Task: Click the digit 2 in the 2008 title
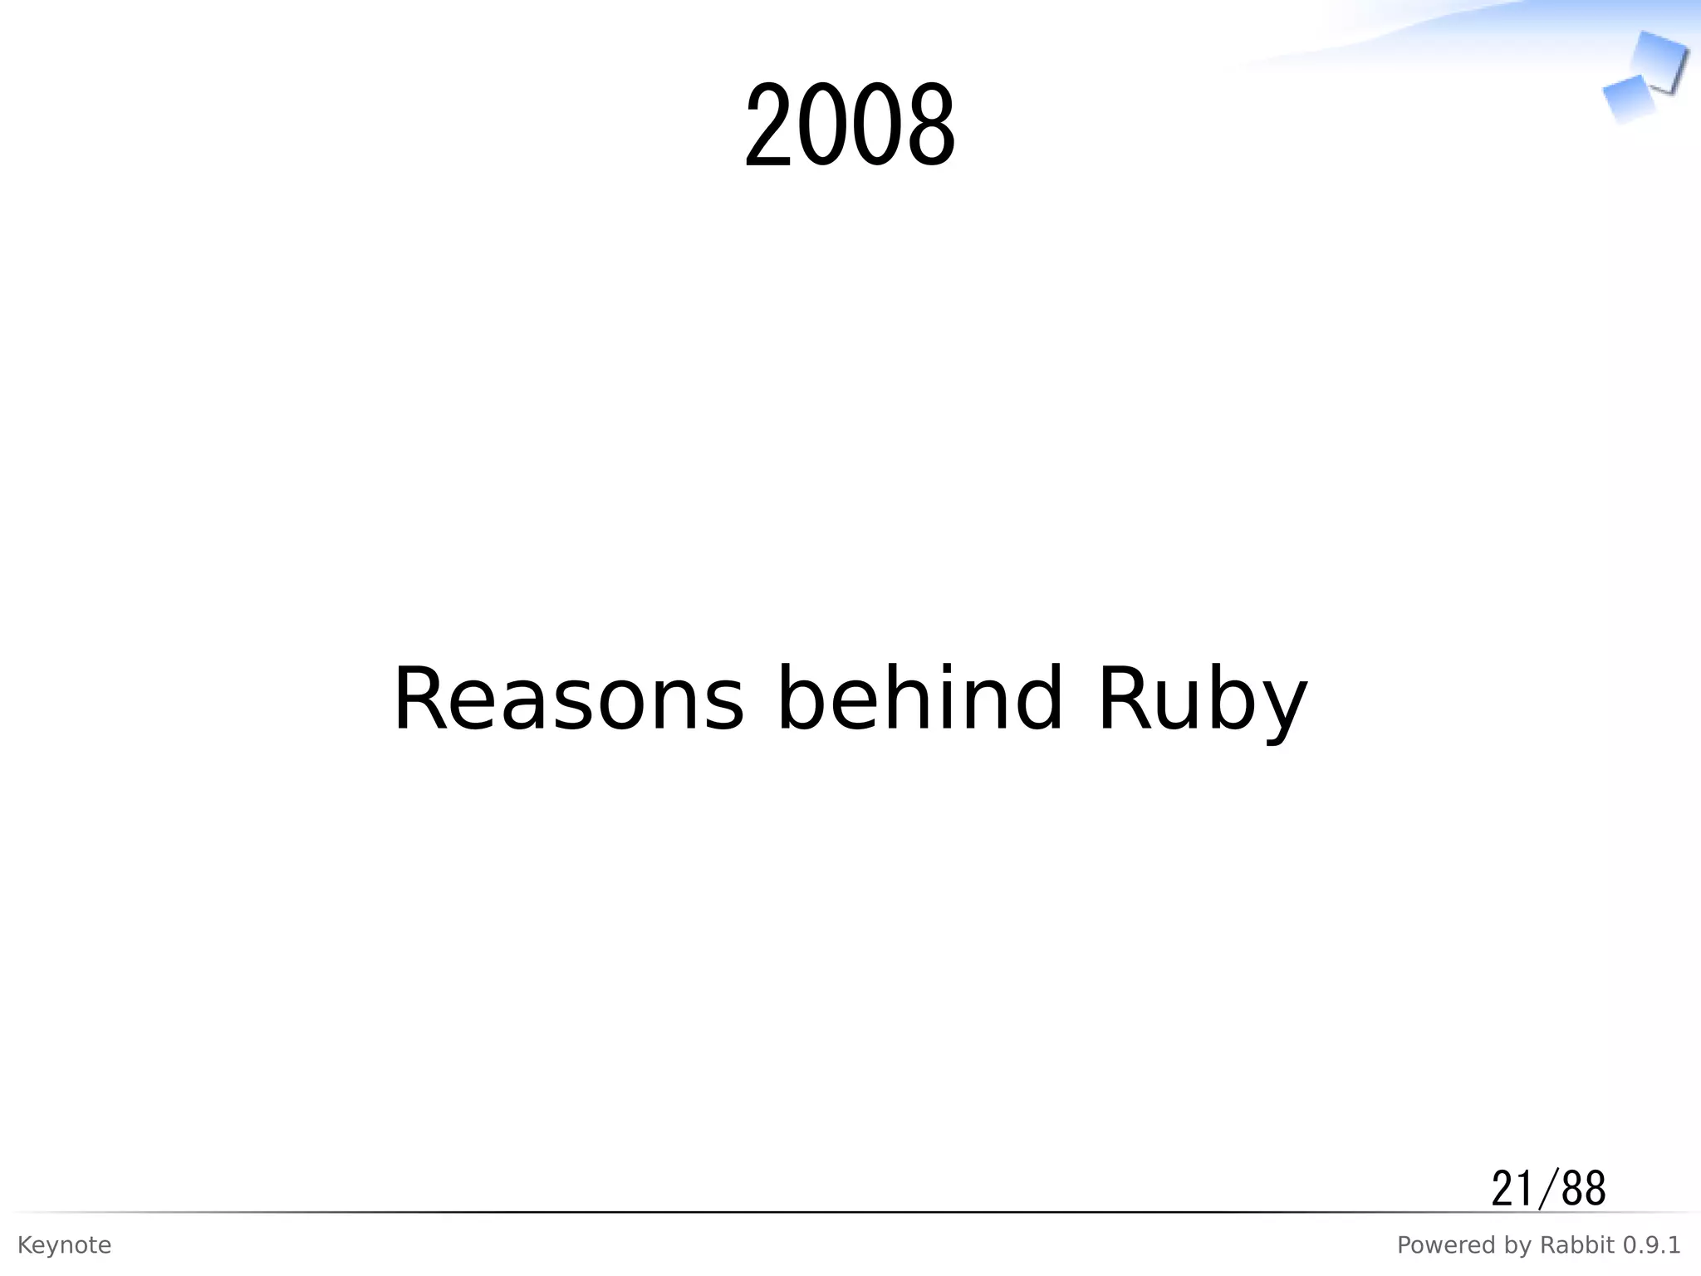point(770,126)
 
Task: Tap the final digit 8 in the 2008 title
point(930,126)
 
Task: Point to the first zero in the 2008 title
point(824,126)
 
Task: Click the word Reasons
point(568,700)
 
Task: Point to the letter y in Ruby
point(1282,710)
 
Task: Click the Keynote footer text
point(64,1245)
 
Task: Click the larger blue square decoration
point(1659,60)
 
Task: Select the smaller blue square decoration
point(1626,98)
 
